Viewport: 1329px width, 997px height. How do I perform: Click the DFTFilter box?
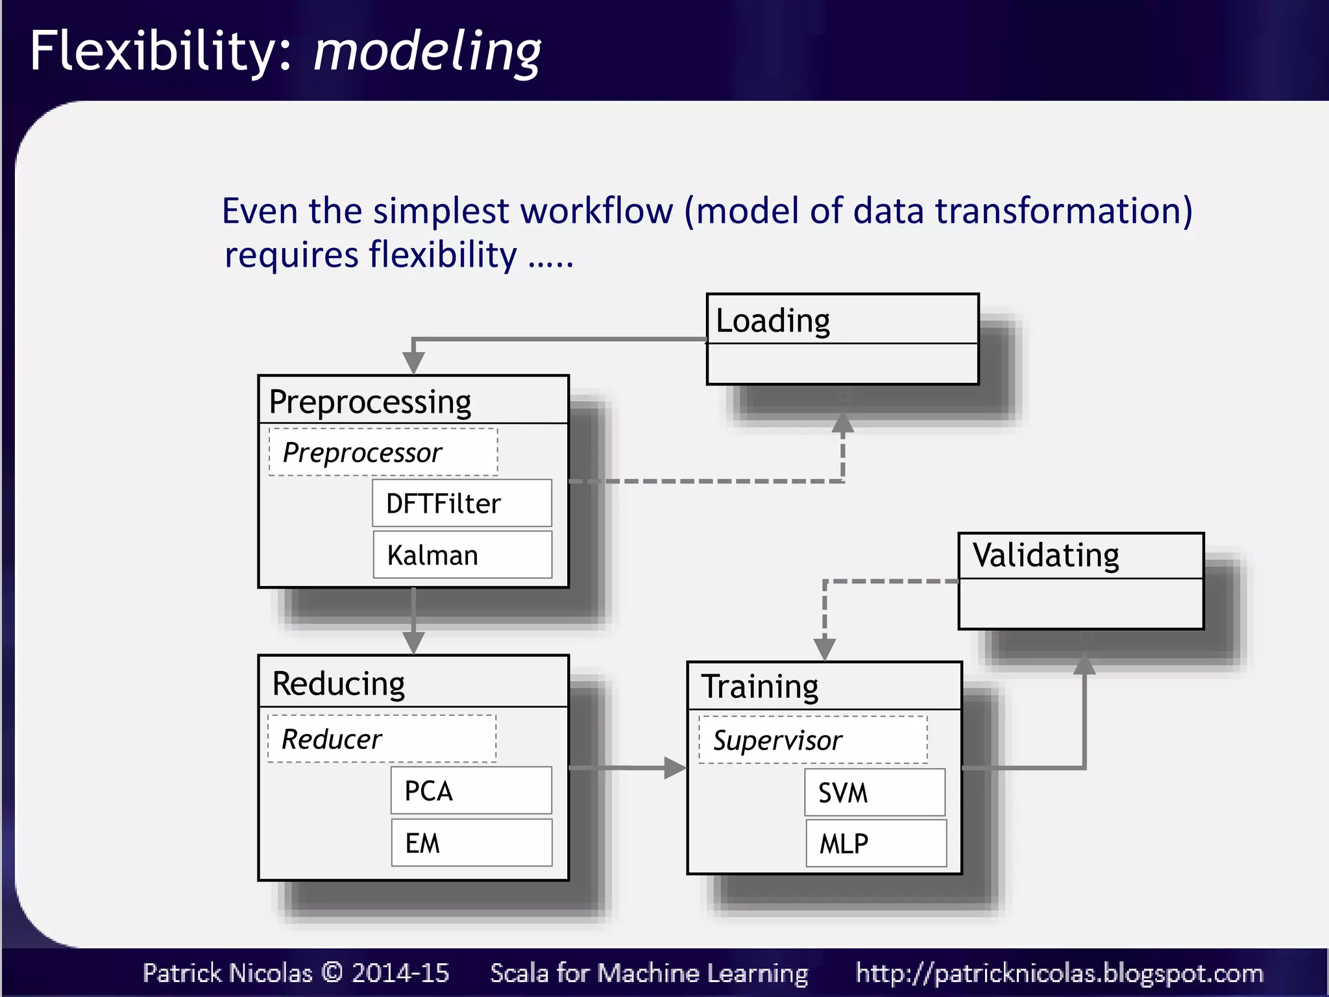[461, 503]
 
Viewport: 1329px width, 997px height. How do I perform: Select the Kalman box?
[462, 555]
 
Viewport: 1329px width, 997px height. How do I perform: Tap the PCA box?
[471, 791]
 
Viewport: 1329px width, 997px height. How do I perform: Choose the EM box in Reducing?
[471, 843]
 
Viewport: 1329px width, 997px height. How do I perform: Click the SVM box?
[874, 793]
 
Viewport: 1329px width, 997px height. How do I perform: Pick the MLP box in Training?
[875, 843]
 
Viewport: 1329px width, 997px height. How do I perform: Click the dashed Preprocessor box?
[383, 452]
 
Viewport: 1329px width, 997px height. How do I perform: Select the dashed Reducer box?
[382, 739]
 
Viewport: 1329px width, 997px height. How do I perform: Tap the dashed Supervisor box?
[812, 740]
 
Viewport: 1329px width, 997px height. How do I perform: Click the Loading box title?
[772, 320]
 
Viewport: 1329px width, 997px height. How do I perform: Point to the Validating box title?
[1045, 556]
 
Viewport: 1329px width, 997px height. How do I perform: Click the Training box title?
[760, 687]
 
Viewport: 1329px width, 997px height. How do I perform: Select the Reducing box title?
[338, 683]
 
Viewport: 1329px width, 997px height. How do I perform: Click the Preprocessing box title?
[370, 402]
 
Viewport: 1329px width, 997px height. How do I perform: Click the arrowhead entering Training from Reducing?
[675, 768]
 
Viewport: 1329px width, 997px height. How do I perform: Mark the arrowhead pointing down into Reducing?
[413, 643]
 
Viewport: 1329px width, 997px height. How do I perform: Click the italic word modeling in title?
[427, 52]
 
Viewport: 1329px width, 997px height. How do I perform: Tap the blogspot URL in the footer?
[1059, 973]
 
